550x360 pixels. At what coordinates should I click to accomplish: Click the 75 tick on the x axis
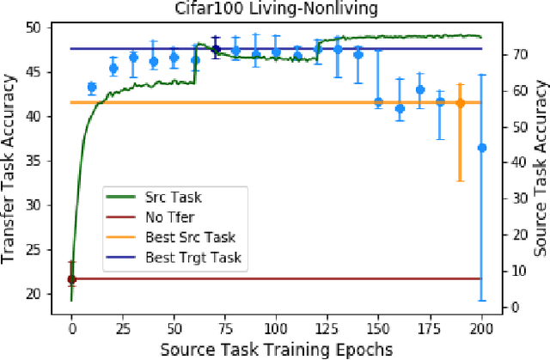225,328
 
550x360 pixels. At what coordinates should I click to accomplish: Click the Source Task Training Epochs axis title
276,349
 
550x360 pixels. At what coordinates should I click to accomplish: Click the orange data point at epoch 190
460,103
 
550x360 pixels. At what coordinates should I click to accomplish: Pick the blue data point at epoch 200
481,148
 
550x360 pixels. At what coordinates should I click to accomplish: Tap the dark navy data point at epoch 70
215,49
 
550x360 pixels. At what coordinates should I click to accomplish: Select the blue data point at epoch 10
92,87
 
